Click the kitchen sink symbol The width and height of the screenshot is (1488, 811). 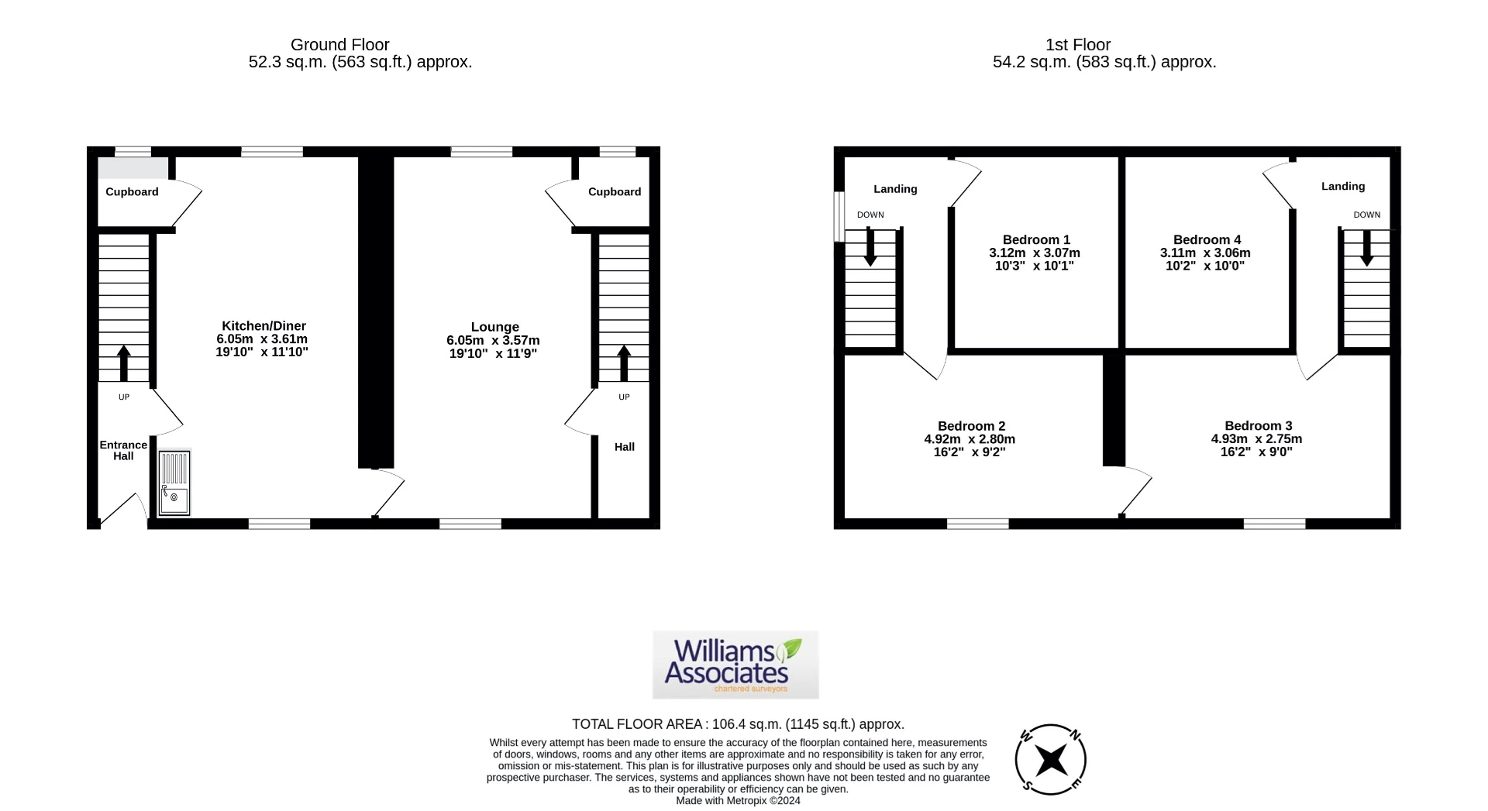point(174,483)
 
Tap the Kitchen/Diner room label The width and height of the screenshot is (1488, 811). point(263,326)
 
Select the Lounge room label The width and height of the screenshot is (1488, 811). point(494,327)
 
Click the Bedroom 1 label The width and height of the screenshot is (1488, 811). point(1035,240)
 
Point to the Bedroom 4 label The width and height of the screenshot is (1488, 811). point(1206,240)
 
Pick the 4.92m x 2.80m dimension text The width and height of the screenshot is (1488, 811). point(970,439)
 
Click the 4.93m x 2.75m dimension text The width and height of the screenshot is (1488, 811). point(1256,438)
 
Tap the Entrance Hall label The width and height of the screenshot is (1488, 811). point(123,450)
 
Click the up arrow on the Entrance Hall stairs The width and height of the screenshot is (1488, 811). point(123,363)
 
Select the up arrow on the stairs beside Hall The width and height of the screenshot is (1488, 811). point(624,363)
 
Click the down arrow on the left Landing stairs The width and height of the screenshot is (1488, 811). point(870,248)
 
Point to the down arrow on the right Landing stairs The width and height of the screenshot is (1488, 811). point(1366,248)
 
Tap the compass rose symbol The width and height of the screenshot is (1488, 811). point(1050,760)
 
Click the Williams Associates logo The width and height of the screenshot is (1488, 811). point(735,665)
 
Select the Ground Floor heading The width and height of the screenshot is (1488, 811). point(339,45)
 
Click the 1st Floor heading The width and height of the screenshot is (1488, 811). point(1078,45)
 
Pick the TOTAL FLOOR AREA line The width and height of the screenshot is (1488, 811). point(738,724)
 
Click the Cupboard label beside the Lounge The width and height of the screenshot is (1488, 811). point(614,192)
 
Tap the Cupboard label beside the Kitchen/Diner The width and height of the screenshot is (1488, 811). point(132,192)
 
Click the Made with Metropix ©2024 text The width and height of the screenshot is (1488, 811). point(738,801)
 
